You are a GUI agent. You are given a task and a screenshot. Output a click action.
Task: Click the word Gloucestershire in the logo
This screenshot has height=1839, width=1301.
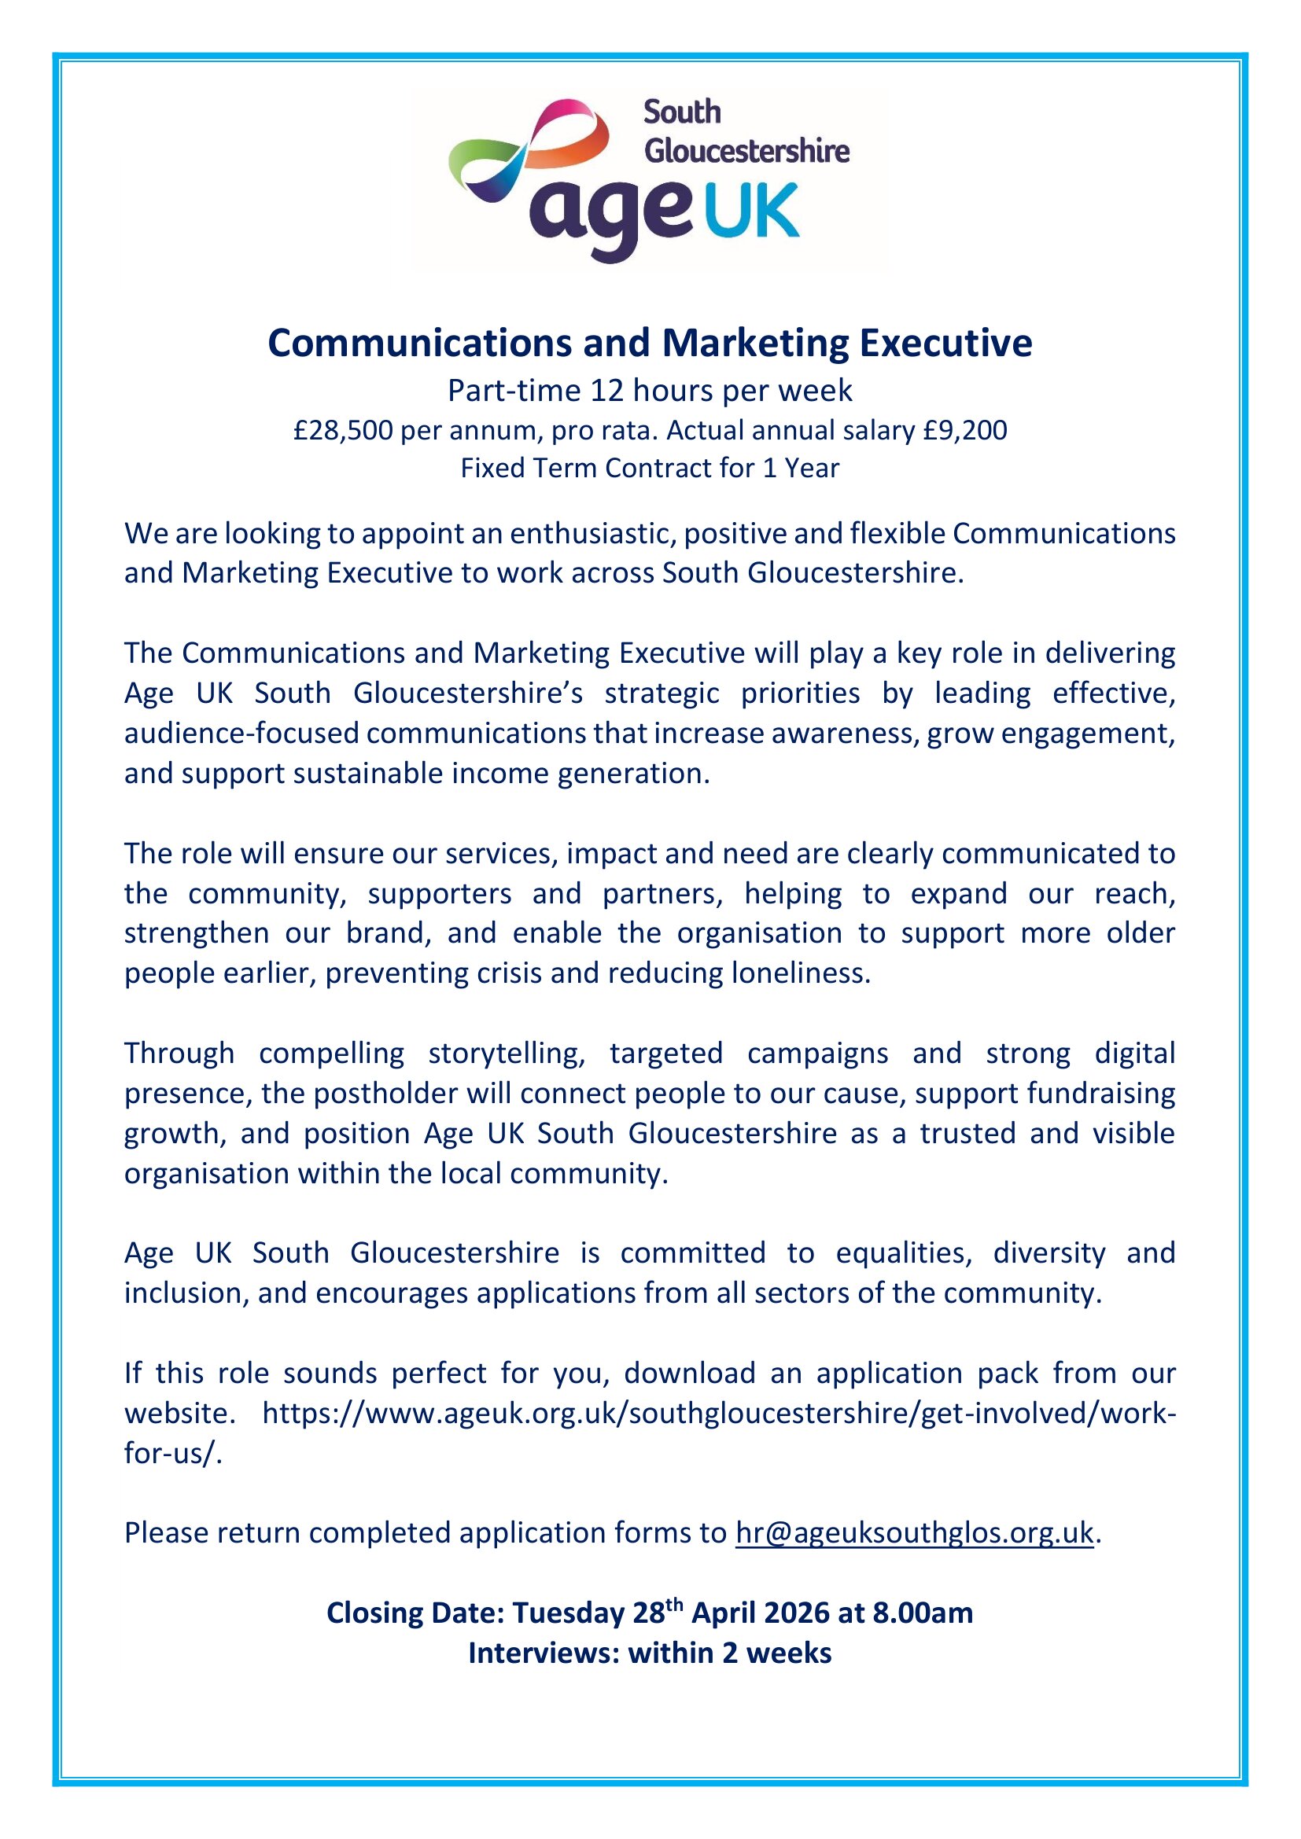(746, 151)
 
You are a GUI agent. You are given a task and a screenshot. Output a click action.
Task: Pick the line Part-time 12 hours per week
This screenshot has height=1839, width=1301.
(650, 390)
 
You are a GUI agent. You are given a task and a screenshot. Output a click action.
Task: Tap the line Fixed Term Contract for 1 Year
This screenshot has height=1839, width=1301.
(650, 468)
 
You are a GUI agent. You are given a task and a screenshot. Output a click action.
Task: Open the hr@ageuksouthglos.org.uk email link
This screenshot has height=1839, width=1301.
(914, 1532)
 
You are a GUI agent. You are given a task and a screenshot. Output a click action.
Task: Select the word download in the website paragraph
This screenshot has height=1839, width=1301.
(690, 1373)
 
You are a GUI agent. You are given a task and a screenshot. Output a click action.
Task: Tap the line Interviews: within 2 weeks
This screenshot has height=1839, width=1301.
(650, 1653)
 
